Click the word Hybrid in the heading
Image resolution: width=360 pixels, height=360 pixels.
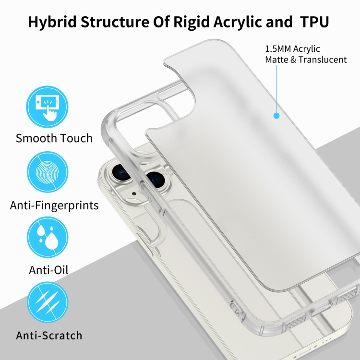point(52,22)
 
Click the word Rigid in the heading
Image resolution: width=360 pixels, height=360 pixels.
point(192,22)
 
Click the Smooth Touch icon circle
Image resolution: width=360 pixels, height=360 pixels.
point(47,107)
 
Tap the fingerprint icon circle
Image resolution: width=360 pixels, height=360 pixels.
point(48,172)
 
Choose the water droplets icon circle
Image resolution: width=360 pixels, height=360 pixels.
point(48,237)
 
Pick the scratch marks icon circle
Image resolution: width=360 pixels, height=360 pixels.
point(48,302)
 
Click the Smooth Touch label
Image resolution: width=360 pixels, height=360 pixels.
point(54,138)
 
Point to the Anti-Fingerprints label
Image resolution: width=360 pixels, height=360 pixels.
point(54,205)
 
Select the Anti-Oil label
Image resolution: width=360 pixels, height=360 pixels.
point(48,270)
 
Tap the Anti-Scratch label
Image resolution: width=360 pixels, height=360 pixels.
point(49,336)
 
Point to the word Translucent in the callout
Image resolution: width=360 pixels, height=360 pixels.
point(323,60)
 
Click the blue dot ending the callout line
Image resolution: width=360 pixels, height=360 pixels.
point(276,116)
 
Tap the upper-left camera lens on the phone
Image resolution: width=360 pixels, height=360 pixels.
point(120,172)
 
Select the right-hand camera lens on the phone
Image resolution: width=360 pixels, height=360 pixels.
point(155,179)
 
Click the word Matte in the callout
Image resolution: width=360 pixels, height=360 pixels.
point(276,60)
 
